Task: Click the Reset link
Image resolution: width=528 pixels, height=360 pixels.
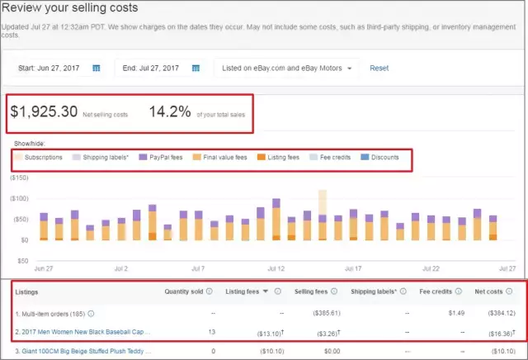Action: pos(379,68)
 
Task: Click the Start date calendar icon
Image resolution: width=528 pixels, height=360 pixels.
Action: pos(97,68)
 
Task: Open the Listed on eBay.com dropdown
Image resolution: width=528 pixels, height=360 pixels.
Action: pos(288,68)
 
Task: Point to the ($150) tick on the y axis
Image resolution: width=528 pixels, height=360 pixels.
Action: pos(18,178)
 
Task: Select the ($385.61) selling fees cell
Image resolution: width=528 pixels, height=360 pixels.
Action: pos(310,314)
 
